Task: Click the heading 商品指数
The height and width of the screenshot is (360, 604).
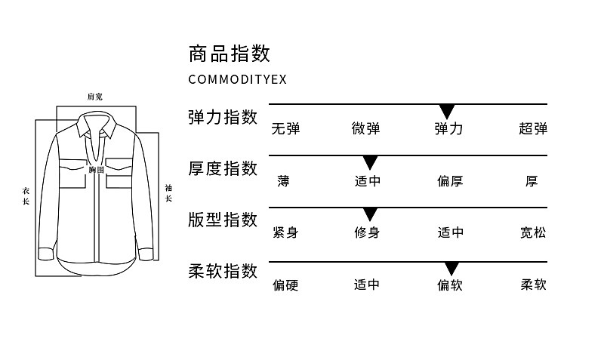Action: click(230, 54)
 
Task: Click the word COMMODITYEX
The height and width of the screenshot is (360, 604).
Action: click(238, 79)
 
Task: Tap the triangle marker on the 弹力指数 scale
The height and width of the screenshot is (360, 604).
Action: click(447, 112)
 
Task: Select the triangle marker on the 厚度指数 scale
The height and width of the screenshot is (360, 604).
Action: click(370, 163)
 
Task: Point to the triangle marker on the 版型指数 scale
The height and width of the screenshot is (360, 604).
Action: click(370, 214)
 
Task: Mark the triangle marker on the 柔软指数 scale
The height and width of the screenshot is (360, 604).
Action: click(451, 269)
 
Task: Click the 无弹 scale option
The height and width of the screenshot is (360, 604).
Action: click(285, 128)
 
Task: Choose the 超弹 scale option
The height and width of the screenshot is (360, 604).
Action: click(533, 128)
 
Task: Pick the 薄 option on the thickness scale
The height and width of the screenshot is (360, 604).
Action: click(283, 180)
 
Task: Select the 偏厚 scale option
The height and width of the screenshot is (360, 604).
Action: click(450, 180)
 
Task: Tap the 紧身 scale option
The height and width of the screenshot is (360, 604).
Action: click(285, 232)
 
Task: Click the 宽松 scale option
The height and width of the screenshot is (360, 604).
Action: click(533, 232)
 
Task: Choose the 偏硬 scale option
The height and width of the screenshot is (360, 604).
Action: click(285, 285)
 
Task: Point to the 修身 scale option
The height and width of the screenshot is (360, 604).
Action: click(367, 232)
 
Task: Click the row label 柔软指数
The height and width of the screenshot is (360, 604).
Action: click(223, 271)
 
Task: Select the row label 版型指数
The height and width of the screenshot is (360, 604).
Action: click(223, 220)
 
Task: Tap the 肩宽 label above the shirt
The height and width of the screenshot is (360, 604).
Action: click(95, 97)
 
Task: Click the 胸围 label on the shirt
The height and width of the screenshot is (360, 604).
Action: click(97, 170)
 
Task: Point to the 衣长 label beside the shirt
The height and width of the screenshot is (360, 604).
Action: click(26, 196)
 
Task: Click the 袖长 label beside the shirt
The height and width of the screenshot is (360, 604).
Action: click(168, 193)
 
